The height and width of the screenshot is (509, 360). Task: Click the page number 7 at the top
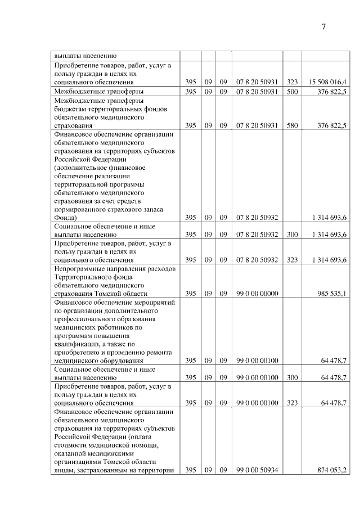click(324, 26)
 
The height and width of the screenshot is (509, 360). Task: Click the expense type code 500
click(292, 91)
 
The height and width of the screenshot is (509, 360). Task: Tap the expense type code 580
click(292, 126)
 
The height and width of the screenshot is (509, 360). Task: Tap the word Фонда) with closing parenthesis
click(66, 218)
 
